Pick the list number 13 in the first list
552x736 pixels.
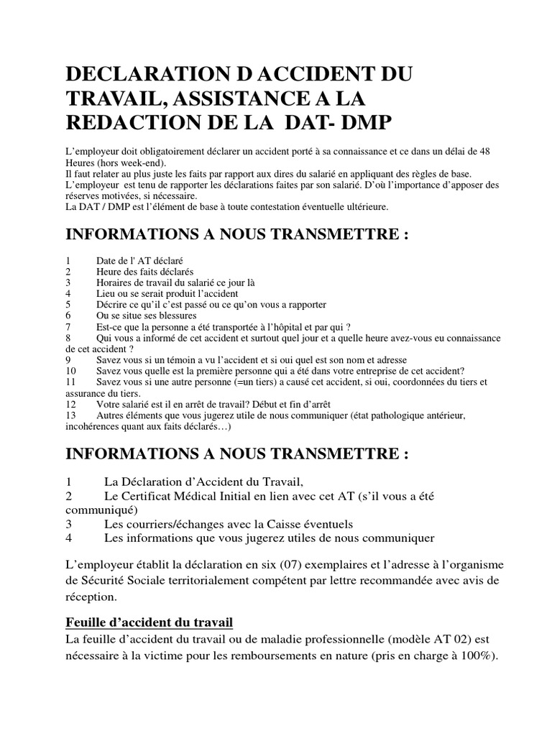(x=70, y=415)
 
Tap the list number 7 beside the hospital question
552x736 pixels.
(x=68, y=326)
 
